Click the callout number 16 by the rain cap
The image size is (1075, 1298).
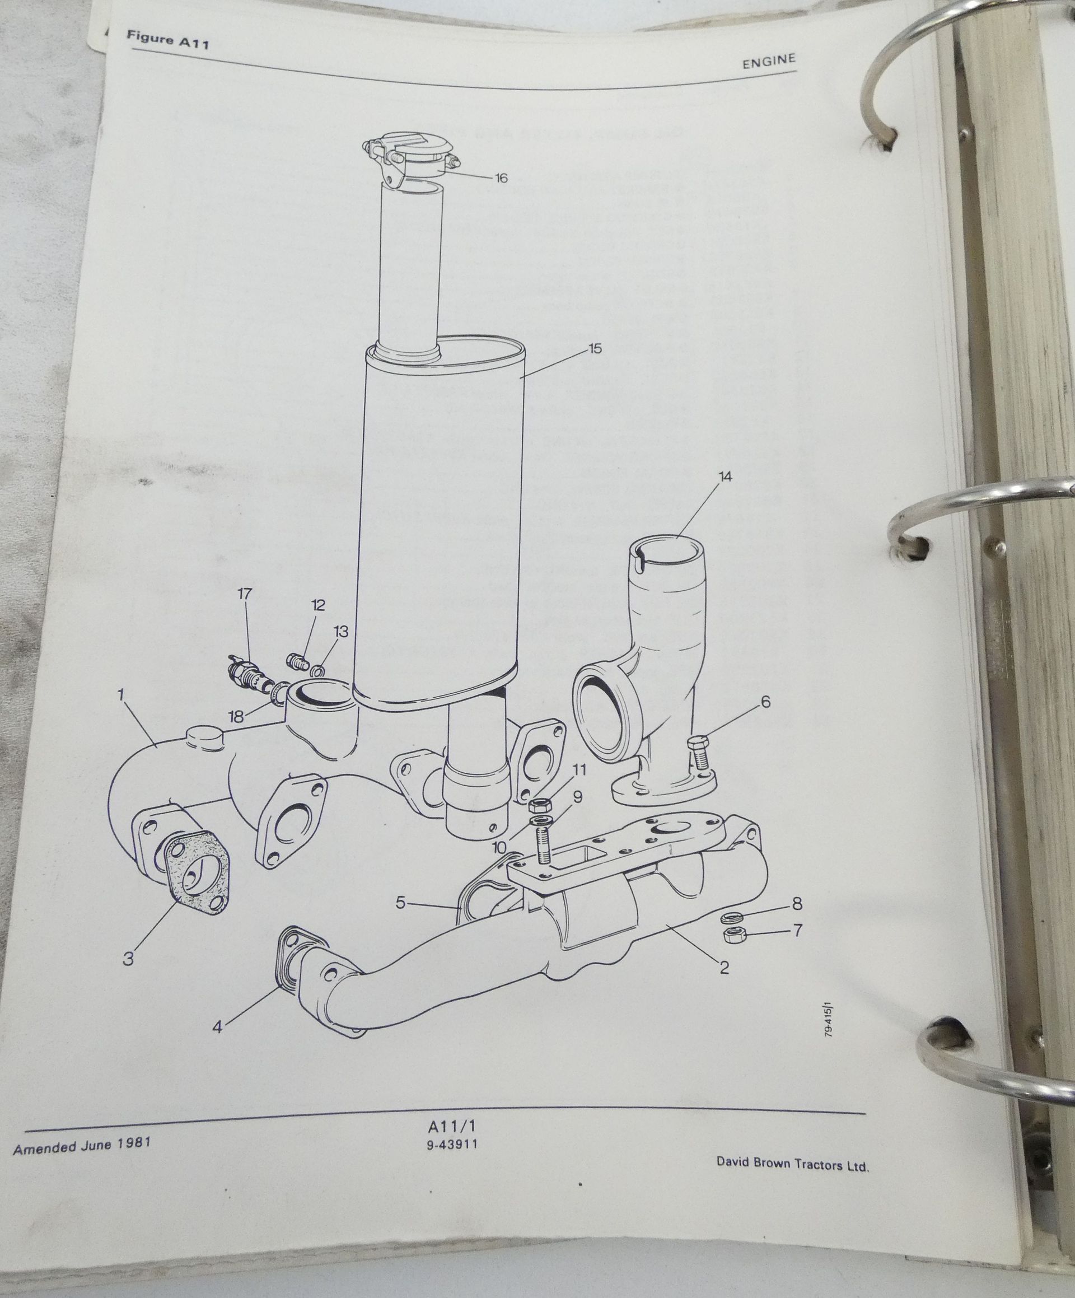click(x=501, y=178)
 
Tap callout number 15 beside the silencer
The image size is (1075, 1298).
click(x=595, y=349)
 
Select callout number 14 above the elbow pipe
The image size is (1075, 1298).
click(x=725, y=477)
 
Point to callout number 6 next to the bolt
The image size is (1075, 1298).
click(x=766, y=702)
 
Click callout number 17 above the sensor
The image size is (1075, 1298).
click(x=245, y=594)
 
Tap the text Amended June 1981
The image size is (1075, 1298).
click(x=82, y=1148)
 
